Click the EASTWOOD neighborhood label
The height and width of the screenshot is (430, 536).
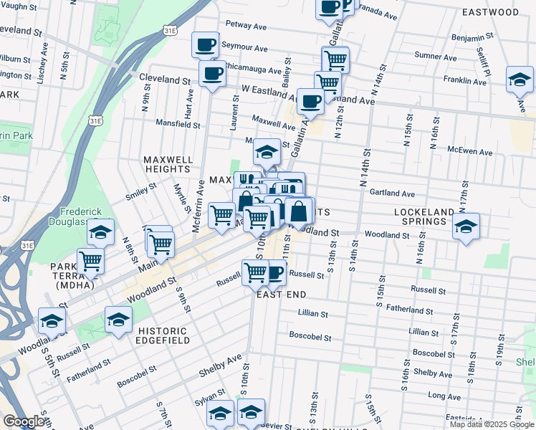click(490, 12)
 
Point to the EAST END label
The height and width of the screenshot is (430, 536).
click(282, 295)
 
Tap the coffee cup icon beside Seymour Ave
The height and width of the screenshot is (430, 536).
click(205, 45)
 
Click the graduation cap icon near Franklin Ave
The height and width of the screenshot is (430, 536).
click(520, 80)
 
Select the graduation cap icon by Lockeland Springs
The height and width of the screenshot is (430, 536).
click(466, 227)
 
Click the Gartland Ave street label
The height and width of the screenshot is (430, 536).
click(392, 193)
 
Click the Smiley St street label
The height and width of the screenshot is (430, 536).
click(141, 191)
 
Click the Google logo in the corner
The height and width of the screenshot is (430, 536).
click(24, 421)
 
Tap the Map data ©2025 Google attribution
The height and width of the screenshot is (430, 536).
click(492, 424)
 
